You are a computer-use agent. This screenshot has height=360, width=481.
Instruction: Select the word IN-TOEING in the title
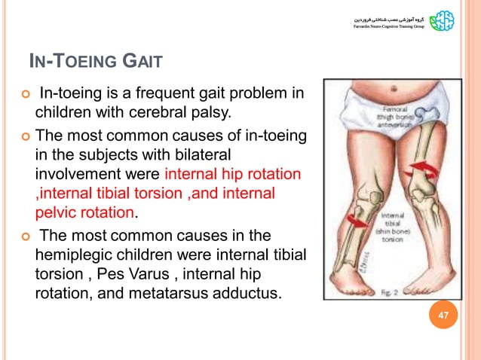click(x=69, y=60)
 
